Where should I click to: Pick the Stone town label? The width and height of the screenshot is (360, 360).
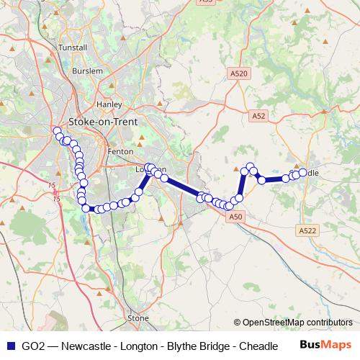[x=138, y=318]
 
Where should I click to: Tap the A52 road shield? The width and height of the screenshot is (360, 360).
[x=259, y=115]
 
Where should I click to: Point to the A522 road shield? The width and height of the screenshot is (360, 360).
[x=307, y=230]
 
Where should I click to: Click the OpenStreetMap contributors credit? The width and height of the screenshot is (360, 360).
[x=297, y=323]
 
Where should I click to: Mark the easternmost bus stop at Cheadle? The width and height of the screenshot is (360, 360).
[x=302, y=173]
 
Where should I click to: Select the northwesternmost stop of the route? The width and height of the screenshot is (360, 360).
[x=57, y=130]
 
